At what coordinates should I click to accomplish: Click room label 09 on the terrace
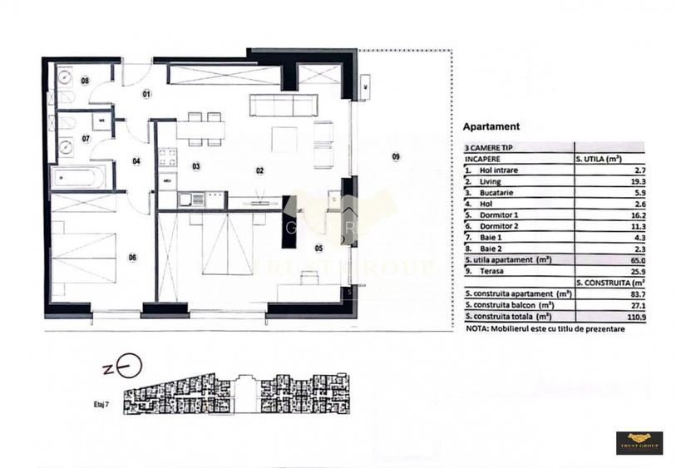point(396,156)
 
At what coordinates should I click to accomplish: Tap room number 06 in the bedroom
point(132,257)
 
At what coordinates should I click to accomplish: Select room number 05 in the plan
point(318,248)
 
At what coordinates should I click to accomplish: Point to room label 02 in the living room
point(259,170)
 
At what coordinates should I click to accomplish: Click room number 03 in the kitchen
point(196,166)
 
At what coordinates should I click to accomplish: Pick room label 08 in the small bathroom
point(85,81)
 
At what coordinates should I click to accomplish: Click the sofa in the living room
point(284,106)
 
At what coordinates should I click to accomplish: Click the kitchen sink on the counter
point(197,198)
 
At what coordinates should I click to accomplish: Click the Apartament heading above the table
point(491,127)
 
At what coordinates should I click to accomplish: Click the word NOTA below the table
point(477,329)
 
